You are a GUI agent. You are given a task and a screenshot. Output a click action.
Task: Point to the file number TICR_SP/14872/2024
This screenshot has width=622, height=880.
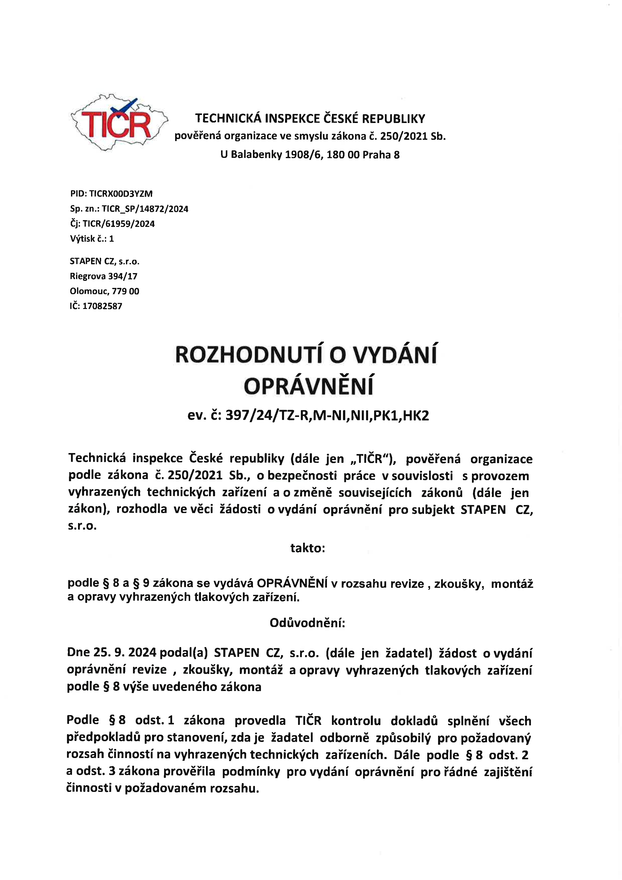pyautogui.click(x=145, y=209)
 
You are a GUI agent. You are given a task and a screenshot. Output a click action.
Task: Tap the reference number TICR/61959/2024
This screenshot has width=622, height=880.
pyautogui.click(x=118, y=224)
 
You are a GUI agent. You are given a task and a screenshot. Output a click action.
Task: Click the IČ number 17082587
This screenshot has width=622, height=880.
pyautogui.click(x=102, y=306)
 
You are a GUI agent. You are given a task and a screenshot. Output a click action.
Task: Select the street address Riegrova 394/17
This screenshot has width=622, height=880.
pyautogui.click(x=103, y=276)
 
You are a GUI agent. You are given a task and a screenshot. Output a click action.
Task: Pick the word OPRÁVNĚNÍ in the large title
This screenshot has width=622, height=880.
pyautogui.click(x=309, y=386)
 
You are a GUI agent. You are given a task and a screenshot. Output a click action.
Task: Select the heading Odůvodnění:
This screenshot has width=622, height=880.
pyautogui.click(x=307, y=623)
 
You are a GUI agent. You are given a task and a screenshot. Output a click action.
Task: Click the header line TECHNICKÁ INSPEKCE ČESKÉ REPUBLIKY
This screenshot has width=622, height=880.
pyautogui.click(x=310, y=118)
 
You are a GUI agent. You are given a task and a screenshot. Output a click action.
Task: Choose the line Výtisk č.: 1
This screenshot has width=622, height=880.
pyautogui.click(x=92, y=239)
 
